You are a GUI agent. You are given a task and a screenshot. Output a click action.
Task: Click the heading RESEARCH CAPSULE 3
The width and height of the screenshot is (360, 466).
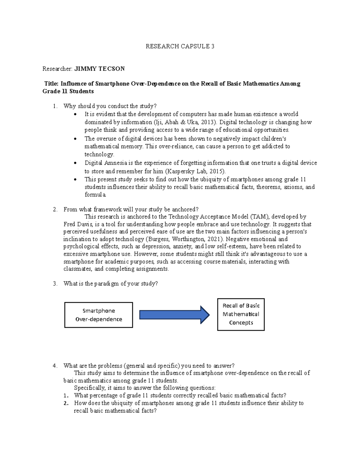click(x=180, y=46)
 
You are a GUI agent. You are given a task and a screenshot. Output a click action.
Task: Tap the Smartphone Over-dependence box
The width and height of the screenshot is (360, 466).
click(x=99, y=315)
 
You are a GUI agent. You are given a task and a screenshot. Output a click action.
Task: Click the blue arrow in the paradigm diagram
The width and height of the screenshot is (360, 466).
click(x=174, y=315)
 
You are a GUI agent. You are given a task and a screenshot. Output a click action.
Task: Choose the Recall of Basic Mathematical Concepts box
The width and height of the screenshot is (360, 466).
click(x=241, y=314)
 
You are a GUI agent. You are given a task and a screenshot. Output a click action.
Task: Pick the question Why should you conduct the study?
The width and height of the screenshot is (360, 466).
click(x=110, y=106)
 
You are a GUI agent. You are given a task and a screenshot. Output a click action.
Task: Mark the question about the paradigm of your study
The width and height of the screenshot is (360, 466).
click(x=110, y=284)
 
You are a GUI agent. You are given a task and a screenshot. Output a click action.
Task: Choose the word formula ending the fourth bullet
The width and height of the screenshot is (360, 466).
click(x=95, y=194)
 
